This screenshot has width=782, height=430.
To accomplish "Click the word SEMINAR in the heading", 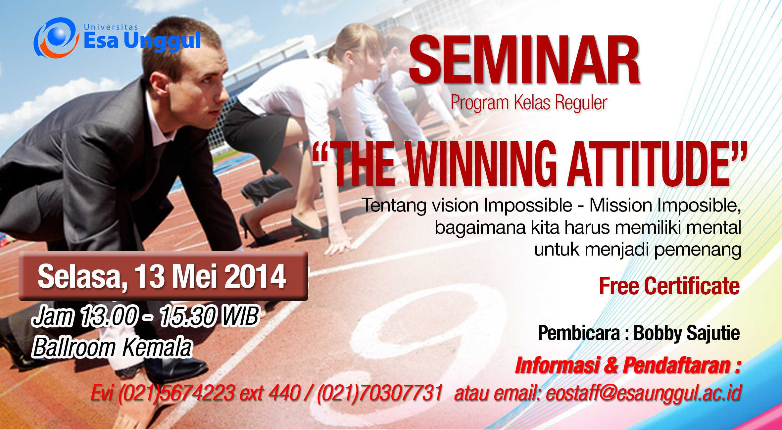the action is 524,60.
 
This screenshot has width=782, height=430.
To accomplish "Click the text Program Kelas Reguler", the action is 529,103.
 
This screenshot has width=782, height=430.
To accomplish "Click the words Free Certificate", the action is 669,286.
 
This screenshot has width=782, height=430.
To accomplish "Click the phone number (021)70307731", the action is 379,393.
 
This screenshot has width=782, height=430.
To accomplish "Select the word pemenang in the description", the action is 698,250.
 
